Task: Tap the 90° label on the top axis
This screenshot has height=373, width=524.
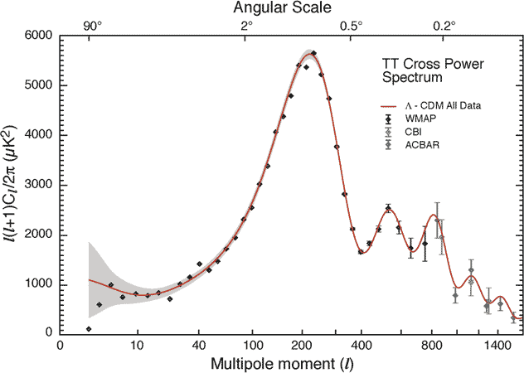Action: pos(92,26)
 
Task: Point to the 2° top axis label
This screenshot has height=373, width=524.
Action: pos(246,26)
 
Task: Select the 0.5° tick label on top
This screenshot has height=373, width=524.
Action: pos(351,26)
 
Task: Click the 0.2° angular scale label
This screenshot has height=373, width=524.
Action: pos(444,26)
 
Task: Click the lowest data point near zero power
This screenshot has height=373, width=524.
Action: pos(89,329)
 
